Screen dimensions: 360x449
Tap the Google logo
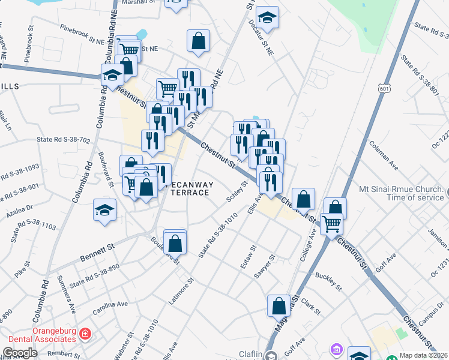(x=20, y=353)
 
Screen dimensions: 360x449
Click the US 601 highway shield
(x=384, y=88)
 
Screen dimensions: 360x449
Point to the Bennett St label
(x=97, y=253)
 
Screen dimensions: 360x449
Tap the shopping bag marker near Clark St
(x=279, y=306)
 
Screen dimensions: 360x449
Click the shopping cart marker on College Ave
(x=331, y=224)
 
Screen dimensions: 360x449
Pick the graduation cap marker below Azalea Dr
(x=104, y=211)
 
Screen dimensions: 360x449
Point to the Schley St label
(x=237, y=191)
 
